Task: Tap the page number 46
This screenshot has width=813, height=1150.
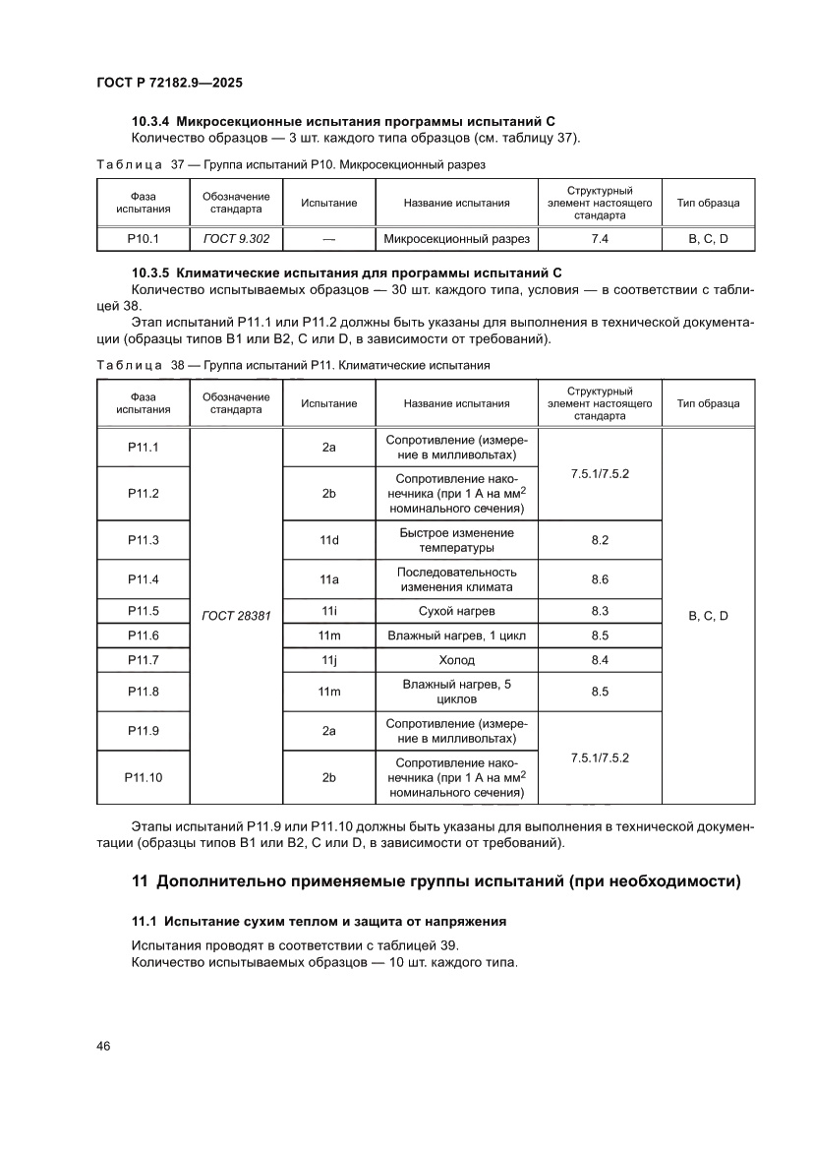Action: pos(102,1046)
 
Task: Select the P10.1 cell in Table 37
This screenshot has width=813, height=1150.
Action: pos(144,238)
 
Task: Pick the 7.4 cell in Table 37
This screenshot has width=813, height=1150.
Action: pos(599,238)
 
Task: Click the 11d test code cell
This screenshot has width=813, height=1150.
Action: pos(329,540)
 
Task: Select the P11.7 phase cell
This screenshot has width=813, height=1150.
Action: pos(144,660)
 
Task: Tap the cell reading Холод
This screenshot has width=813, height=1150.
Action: pos(456,660)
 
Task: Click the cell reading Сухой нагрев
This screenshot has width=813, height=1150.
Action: pos(456,611)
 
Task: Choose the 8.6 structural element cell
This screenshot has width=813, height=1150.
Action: pos(600,579)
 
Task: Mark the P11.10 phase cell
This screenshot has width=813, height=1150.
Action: pos(144,777)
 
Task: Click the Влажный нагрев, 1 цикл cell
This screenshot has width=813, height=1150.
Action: pos(456,636)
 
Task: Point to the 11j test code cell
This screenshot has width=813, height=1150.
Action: pos(329,660)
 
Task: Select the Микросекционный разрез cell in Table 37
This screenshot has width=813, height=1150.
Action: pos(456,238)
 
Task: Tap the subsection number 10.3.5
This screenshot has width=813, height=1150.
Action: pos(151,272)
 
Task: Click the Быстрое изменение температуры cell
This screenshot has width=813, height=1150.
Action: pos(456,540)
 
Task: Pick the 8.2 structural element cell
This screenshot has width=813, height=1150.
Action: pos(600,540)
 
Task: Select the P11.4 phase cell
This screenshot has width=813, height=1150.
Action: pos(144,579)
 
